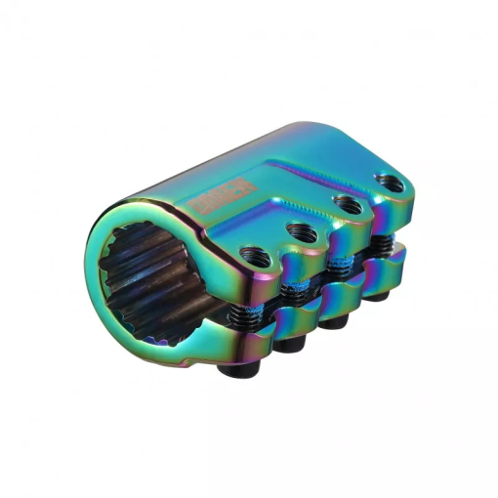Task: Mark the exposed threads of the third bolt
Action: click(337, 265)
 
